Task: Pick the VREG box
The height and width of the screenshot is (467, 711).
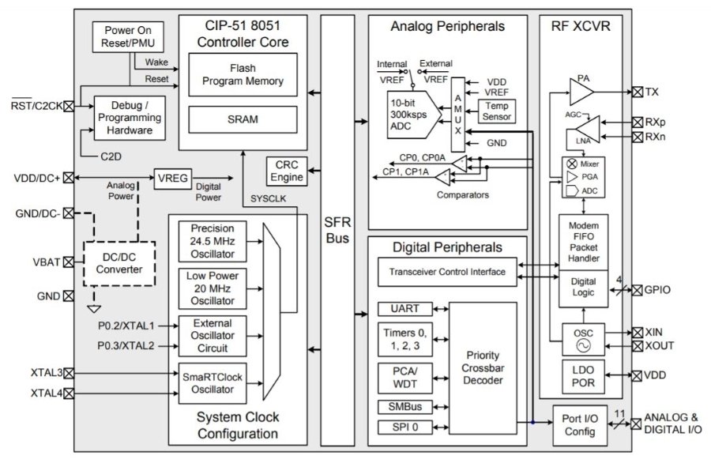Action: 172,178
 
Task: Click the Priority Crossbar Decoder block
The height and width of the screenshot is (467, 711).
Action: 483,367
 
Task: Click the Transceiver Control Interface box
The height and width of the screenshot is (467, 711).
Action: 447,272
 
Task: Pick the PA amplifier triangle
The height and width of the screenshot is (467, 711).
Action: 582,92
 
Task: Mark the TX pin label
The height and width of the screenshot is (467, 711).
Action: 652,92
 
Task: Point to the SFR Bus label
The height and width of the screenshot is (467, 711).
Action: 337,230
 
